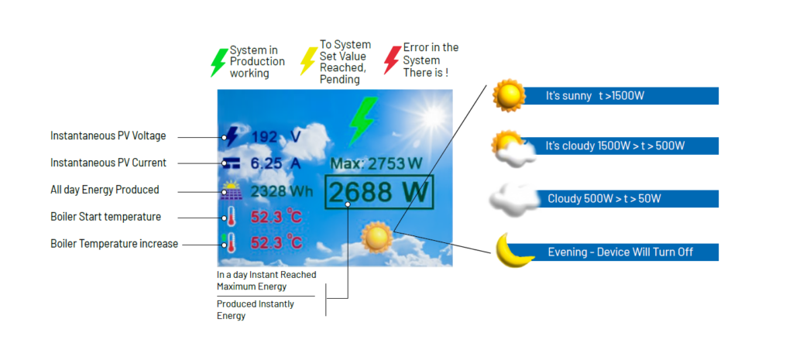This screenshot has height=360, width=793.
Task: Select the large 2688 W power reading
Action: click(x=379, y=192)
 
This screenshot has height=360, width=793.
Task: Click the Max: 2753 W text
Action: click(x=376, y=163)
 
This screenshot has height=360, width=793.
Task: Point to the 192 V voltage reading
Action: click(x=276, y=136)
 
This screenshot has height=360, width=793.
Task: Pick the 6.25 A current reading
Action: click(x=276, y=163)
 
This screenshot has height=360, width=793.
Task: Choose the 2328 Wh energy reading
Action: click(x=282, y=192)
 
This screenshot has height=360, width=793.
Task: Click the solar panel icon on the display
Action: click(x=231, y=191)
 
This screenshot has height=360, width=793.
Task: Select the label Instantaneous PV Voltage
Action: click(x=108, y=136)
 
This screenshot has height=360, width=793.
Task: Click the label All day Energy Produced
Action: click(x=105, y=190)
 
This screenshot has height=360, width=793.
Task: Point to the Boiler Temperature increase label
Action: click(x=115, y=244)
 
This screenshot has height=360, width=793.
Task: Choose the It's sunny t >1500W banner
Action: click(x=621, y=95)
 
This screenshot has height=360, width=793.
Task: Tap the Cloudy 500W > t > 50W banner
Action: click(x=627, y=199)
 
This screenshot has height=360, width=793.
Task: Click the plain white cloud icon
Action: click(x=514, y=199)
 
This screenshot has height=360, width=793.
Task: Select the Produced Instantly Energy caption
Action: click(x=256, y=310)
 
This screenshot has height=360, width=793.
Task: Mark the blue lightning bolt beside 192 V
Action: click(x=231, y=136)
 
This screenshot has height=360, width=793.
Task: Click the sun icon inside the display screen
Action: click(x=377, y=237)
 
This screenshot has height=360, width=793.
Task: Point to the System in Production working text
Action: click(x=257, y=62)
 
